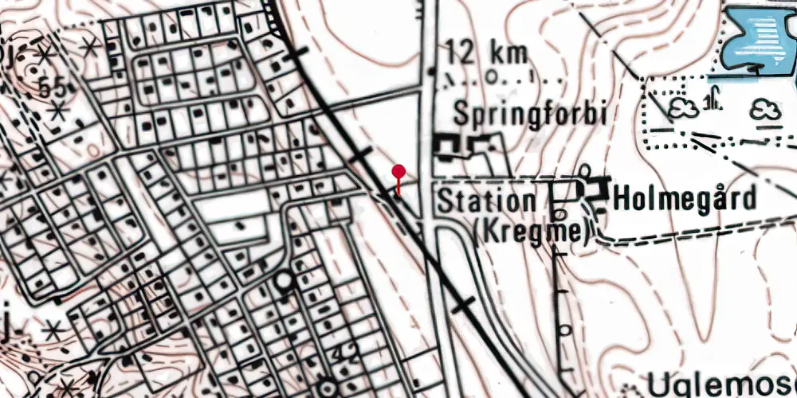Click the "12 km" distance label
487,54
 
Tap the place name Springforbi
531,114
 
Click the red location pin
398,173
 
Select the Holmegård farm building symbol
581,193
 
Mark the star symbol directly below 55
57,113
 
